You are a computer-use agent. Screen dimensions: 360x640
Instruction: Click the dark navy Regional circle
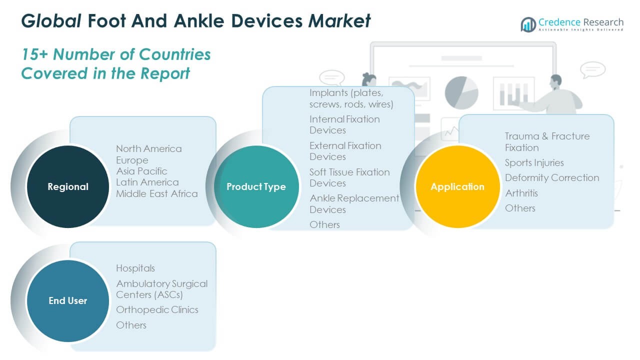coord(67,186)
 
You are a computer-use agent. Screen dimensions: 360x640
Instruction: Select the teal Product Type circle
coord(256,186)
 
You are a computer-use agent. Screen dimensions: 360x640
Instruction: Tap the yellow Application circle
coord(457,186)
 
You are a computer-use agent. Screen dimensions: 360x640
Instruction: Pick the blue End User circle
coord(67,300)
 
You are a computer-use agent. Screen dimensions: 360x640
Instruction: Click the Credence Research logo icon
coord(528,24)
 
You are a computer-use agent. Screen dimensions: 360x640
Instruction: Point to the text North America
coord(148,148)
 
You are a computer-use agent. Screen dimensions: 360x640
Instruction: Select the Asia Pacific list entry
coord(141,171)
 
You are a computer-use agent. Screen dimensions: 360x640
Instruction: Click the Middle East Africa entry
coord(156,193)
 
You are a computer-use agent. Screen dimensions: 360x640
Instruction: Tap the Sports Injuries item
coord(534,162)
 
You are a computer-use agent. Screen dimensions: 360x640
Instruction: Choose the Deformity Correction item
coord(551,177)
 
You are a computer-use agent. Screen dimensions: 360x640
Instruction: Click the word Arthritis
coord(521,192)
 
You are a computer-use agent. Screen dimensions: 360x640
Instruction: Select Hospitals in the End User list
coord(135,268)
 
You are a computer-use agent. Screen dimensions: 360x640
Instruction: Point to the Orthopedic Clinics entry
coord(157,309)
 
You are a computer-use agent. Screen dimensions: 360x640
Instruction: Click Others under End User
coord(131,325)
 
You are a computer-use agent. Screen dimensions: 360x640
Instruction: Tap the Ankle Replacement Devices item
coord(354,203)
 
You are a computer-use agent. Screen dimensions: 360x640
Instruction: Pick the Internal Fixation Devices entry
coord(344,124)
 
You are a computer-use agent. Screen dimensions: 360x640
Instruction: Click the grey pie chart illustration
coord(461,92)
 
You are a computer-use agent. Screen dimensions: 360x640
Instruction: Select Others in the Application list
coord(520,208)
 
